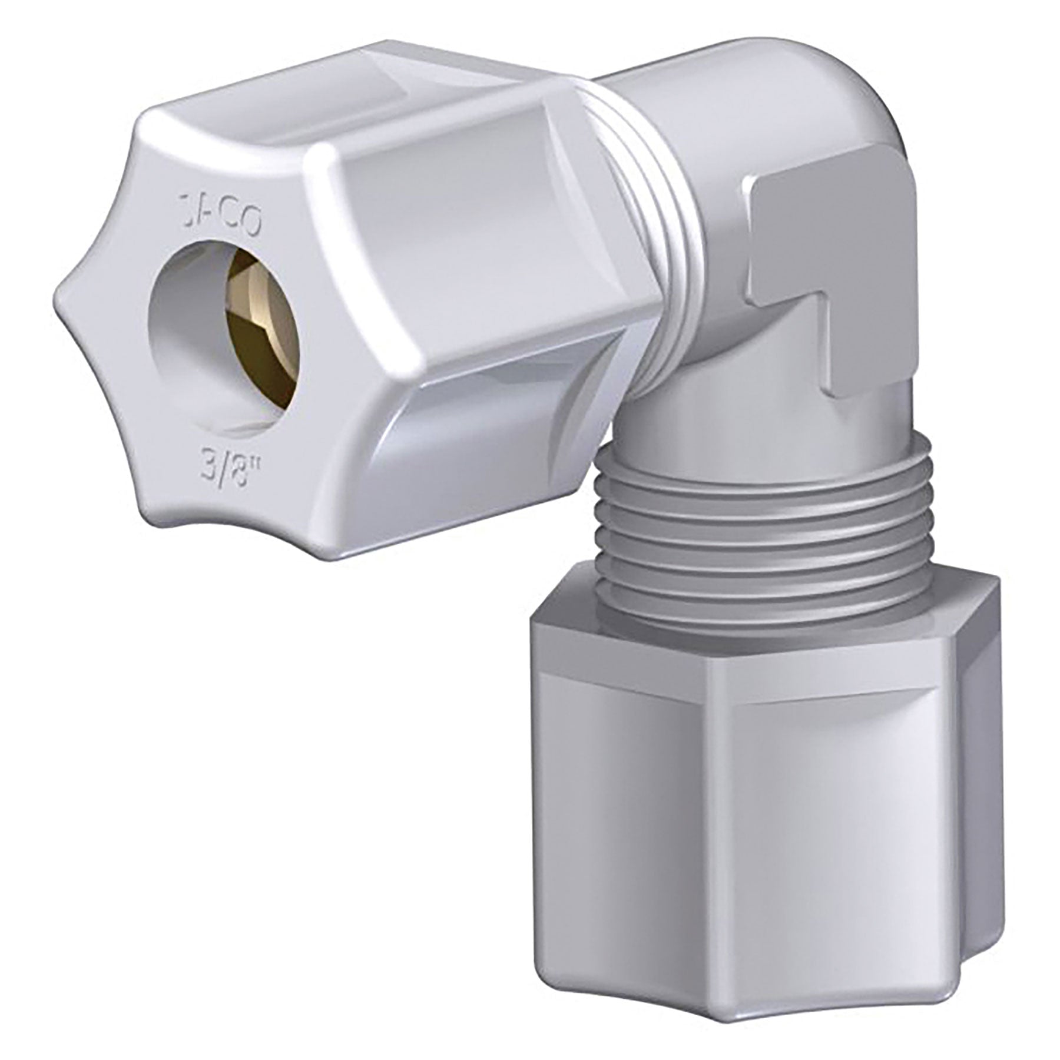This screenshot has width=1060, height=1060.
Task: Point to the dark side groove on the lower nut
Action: click(978, 795)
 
